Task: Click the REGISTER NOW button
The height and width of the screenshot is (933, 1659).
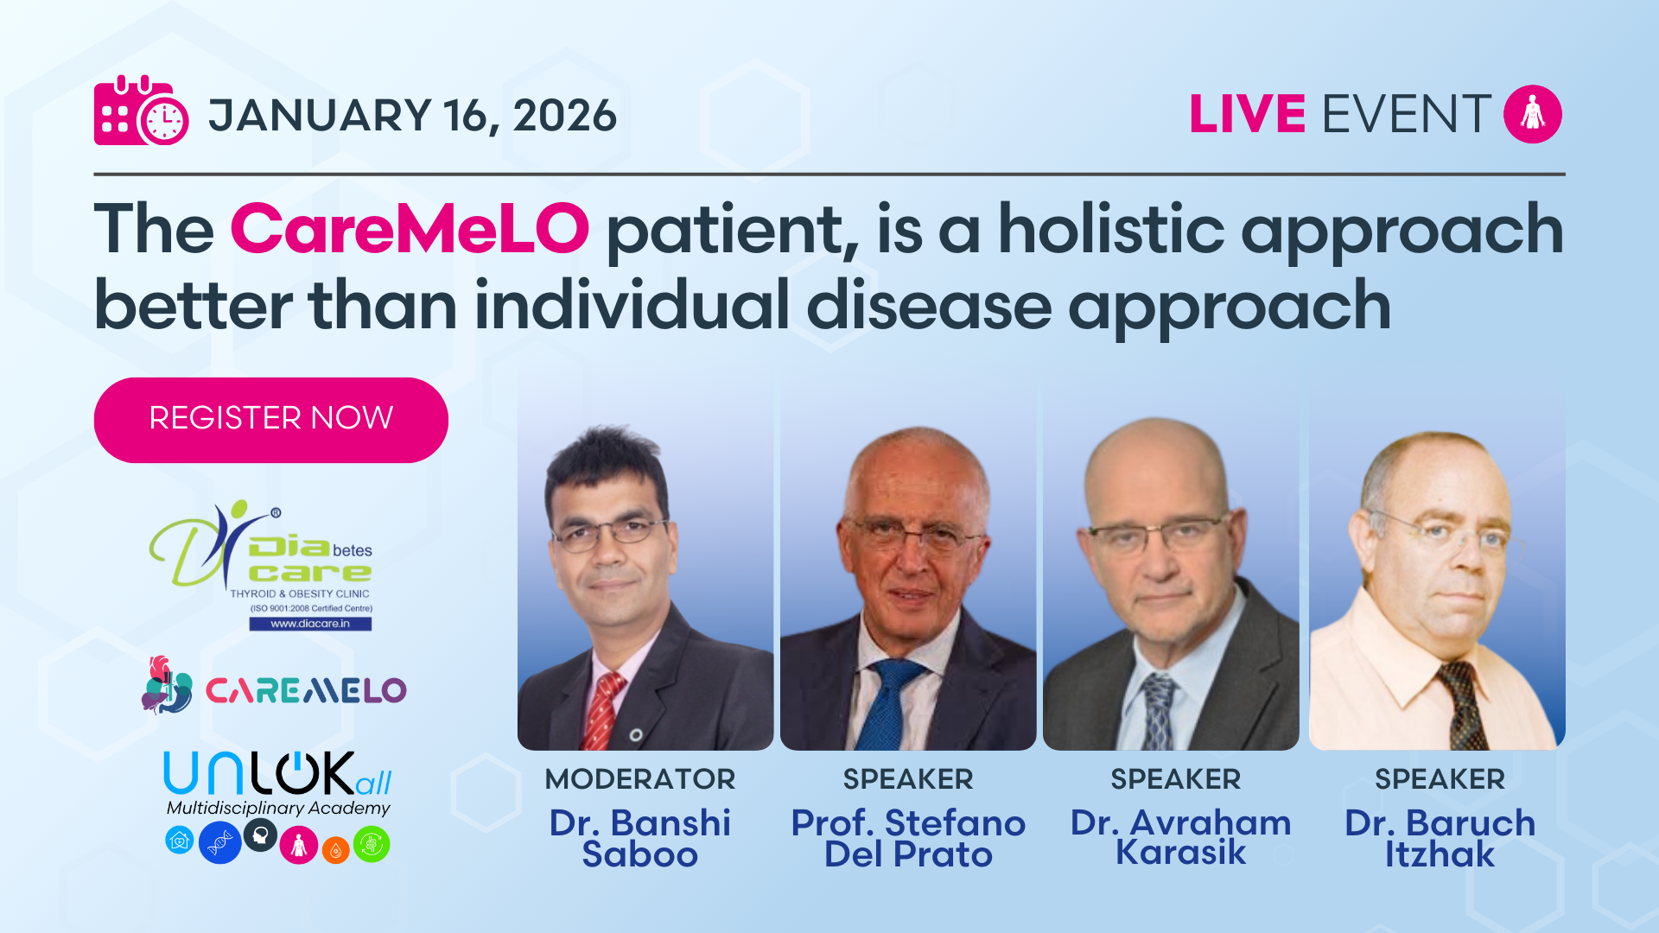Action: tap(270, 420)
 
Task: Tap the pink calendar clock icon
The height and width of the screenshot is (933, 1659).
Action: tap(141, 111)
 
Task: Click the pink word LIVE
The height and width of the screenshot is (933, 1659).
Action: tap(1247, 114)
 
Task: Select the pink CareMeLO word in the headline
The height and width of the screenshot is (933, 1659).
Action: tap(410, 230)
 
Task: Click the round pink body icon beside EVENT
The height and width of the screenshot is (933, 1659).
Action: tap(1533, 114)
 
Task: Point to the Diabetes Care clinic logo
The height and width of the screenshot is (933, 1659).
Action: tap(261, 566)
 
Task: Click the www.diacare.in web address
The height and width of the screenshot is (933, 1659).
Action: tap(310, 624)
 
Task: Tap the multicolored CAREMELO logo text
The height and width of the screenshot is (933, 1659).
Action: tap(306, 690)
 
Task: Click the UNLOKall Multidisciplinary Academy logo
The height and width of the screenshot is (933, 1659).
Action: tap(277, 806)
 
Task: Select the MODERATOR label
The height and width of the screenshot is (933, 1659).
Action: tap(640, 779)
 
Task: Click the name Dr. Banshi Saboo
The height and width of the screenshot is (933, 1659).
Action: tap(640, 838)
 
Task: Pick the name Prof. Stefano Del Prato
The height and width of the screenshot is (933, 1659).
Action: tap(908, 838)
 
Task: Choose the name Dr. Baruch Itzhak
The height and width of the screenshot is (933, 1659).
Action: tap(1440, 838)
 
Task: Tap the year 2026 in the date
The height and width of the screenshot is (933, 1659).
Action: tap(565, 116)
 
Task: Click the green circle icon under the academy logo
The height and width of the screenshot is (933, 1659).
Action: tap(372, 844)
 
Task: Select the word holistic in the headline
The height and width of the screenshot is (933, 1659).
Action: tap(1112, 230)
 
